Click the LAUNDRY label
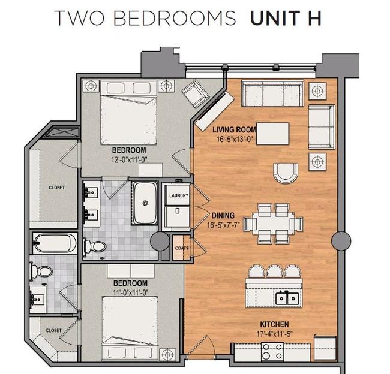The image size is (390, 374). click(179, 195)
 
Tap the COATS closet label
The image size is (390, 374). click(182, 248)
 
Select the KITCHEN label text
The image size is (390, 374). click(274, 324)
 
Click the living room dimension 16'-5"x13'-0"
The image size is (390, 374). click(235, 139)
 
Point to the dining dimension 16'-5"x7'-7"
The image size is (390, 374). click(223, 225)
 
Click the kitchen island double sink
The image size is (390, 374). click(287, 298)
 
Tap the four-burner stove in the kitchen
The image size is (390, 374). click(272, 352)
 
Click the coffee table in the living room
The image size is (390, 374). click(272, 134)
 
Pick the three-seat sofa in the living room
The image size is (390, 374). click(272, 93)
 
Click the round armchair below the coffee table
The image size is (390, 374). click(286, 173)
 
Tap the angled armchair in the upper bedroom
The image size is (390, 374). click(196, 93)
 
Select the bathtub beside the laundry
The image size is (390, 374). click(145, 203)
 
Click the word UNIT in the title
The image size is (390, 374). click(275, 18)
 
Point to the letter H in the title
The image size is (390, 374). click(314, 18)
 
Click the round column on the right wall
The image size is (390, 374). click(341, 240)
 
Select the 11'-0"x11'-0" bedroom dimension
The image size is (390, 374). click(131, 292)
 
